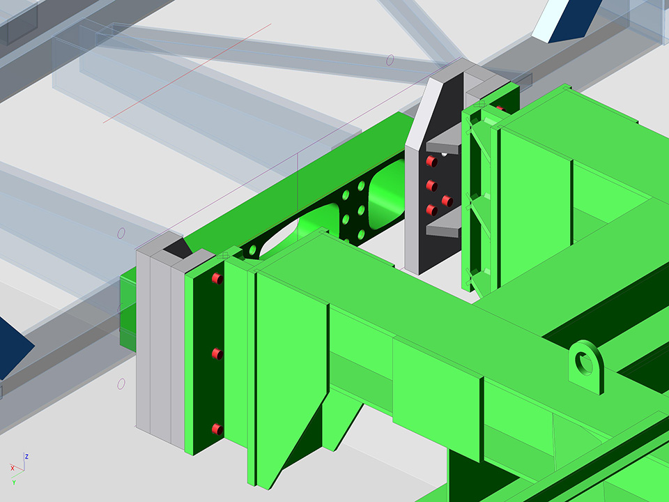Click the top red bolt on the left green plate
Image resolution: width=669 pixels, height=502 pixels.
[x=217, y=279]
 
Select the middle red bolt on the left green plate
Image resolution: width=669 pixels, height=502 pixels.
[x=217, y=354]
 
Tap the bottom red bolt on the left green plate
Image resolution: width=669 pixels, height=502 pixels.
[x=217, y=429]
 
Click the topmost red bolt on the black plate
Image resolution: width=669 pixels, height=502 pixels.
[x=432, y=161]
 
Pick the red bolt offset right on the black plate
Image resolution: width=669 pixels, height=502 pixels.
[x=447, y=201]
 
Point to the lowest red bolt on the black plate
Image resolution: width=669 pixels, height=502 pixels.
[x=432, y=210]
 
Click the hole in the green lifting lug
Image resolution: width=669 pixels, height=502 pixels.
[x=583, y=364]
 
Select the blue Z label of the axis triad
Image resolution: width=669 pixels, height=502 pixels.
[x=26, y=456]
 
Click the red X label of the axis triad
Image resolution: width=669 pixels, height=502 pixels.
[x=13, y=469]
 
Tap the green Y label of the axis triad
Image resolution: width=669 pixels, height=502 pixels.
[x=14, y=482]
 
